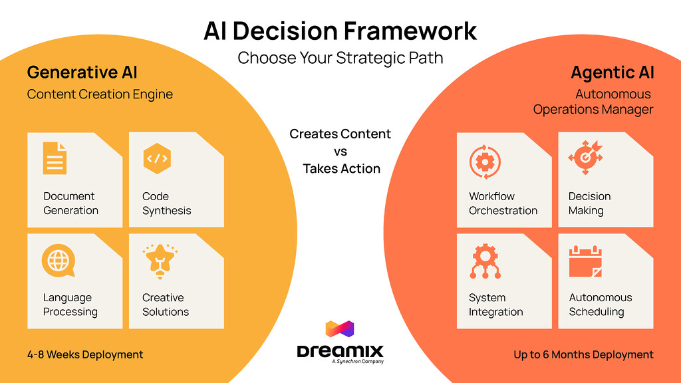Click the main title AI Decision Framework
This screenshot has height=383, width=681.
point(340,31)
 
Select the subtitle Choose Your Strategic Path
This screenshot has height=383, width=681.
point(340,58)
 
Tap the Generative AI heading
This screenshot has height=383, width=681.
point(82,72)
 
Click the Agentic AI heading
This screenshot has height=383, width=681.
point(612,72)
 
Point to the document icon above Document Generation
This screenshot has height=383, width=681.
point(55,158)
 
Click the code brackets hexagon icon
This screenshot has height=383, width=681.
point(157,159)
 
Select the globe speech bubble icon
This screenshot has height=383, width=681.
point(57,260)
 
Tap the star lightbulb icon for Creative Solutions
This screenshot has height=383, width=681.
point(158,260)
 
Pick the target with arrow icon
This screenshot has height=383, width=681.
point(585,159)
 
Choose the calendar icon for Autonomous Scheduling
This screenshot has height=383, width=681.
point(585,261)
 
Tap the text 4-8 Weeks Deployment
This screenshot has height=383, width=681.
point(85,354)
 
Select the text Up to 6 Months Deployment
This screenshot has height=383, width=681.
point(583,354)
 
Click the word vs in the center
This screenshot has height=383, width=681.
point(340,152)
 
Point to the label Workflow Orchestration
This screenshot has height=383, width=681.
point(503,203)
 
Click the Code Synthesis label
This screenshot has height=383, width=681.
point(166,203)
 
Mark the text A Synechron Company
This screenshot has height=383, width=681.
point(357,362)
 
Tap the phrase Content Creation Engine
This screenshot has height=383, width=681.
point(100,94)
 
